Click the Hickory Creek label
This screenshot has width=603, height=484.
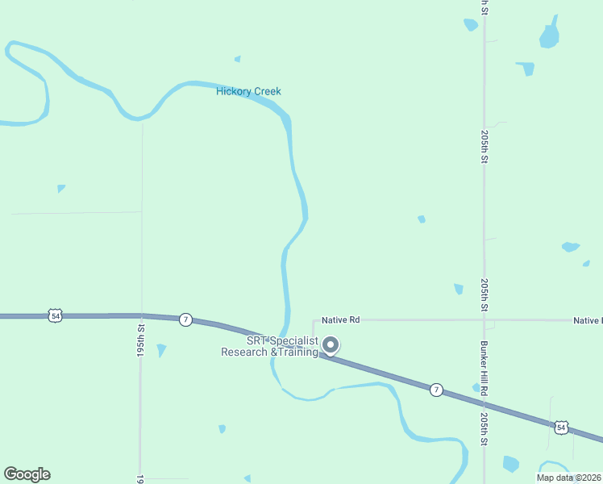click(x=248, y=91)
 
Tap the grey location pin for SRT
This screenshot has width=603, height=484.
click(x=331, y=345)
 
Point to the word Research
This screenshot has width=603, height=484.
click(x=245, y=353)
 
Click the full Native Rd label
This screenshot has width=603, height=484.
click(x=340, y=320)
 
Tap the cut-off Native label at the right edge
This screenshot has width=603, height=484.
click(x=588, y=320)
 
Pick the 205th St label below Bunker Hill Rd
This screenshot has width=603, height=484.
click(x=484, y=430)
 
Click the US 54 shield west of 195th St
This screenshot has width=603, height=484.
click(x=54, y=316)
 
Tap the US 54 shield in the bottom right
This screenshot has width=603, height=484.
click(x=561, y=426)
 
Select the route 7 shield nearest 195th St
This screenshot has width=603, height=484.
click(x=186, y=319)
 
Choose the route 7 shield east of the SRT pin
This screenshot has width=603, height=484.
click(x=436, y=390)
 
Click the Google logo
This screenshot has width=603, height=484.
click(x=27, y=474)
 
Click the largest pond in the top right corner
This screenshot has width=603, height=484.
click(x=549, y=35)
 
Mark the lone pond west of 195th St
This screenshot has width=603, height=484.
click(x=61, y=189)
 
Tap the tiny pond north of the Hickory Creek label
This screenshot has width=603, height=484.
click(x=237, y=59)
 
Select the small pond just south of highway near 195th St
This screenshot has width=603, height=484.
click(x=161, y=350)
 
